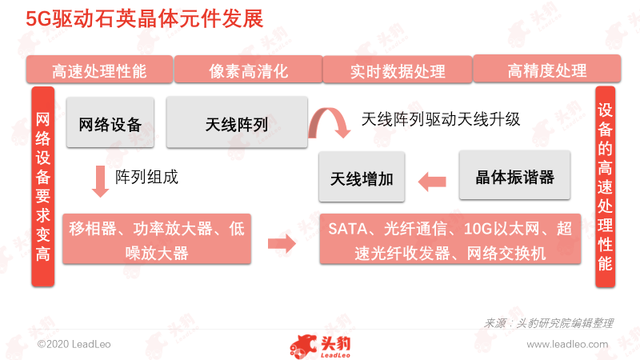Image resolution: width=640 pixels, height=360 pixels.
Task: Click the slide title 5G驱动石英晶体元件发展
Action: pyautogui.click(x=145, y=18)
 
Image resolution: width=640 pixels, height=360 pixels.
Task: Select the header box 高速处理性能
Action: pyautogui.click(x=99, y=70)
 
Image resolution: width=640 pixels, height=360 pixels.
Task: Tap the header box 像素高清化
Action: pyautogui.click(x=248, y=70)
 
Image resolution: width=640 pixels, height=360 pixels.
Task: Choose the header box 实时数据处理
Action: pyautogui.click(x=398, y=70)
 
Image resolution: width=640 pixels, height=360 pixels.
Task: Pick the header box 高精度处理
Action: pyautogui.click(x=547, y=69)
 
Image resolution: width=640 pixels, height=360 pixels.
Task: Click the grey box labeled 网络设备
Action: pyautogui.click(x=110, y=122)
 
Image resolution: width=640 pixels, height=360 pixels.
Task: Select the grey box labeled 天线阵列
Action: pyautogui.click(x=237, y=122)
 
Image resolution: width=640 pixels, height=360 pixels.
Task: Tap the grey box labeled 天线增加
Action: pyautogui.click(x=362, y=177)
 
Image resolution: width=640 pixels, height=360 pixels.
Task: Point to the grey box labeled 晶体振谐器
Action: pyautogui.click(x=514, y=175)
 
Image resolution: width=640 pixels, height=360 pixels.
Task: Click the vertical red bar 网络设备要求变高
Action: pyautogui.click(x=43, y=186)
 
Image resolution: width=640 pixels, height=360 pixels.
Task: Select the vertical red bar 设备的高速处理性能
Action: pyautogui.click(x=605, y=186)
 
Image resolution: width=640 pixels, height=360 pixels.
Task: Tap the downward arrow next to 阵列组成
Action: pyautogui.click(x=100, y=182)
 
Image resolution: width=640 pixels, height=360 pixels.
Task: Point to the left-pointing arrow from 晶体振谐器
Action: pyautogui.click(x=432, y=182)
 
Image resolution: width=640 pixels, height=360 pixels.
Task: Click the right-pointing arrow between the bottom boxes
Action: pyautogui.click(x=282, y=244)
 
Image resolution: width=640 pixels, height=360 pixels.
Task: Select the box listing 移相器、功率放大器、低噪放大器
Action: pyautogui.click(x=157, y=238)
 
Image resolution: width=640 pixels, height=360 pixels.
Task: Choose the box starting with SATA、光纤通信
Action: pyautogui.click(x=450, y=238)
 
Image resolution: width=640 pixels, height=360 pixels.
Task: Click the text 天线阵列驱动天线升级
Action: pyautogui.click(x=441, y=119)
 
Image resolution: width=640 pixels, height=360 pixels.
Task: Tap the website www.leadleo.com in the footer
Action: pyautogui.click(x=567, y=344)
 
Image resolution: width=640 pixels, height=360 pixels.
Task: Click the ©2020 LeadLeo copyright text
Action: pyautogui.click(x=74, y=344)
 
